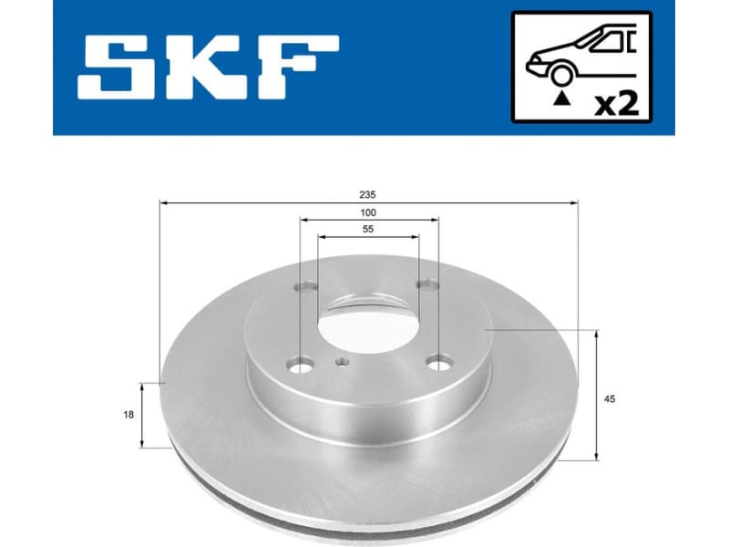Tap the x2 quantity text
tap(615, 103)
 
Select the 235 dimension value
tap(368, 194)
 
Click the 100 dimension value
tap(368, 212)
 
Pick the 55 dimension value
tap(368, 230)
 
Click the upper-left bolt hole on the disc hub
tap(303, 285)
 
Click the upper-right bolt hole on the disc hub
tap(423, 285)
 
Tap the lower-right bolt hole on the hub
tap(440, 365)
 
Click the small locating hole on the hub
tap(342, 364)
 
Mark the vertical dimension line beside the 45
tap(597, 396)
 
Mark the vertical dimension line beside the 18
tap(142, 415)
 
